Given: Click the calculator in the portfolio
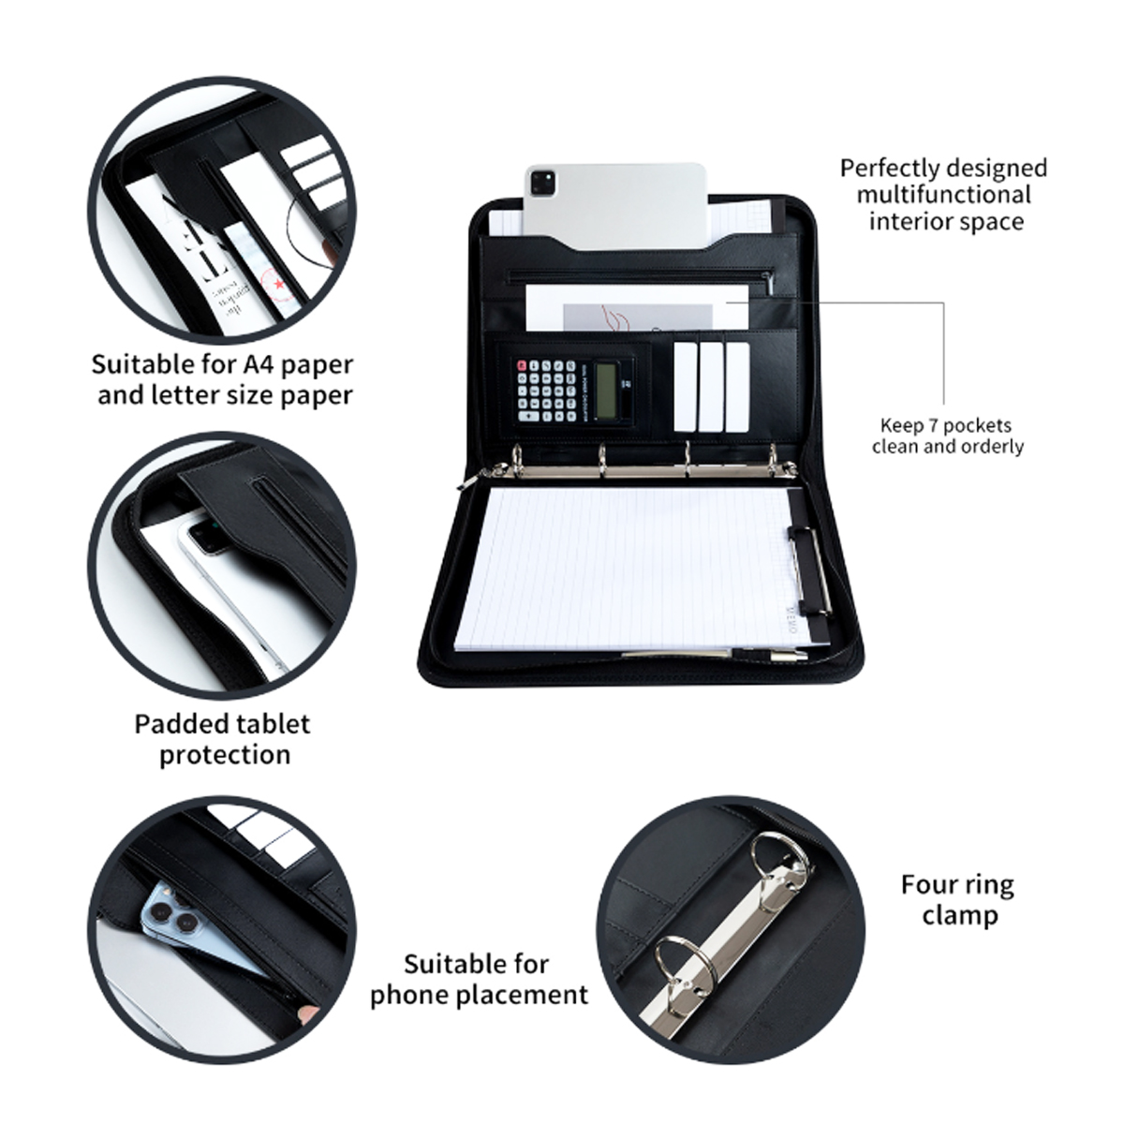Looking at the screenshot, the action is click(573, 391).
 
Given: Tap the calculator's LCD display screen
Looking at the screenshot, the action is click(605, 390).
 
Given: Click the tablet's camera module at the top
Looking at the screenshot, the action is click(543, 183).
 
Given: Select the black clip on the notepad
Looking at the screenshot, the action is click(808, 570).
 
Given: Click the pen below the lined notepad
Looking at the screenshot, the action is click(715, 655).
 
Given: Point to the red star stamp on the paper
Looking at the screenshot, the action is click(279, 284).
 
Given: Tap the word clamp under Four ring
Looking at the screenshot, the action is click(960, 914).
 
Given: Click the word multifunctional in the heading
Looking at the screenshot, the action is click(944, 194).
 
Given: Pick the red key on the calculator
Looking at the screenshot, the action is click(522, 365).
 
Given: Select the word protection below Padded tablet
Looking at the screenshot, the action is click(225, 756).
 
